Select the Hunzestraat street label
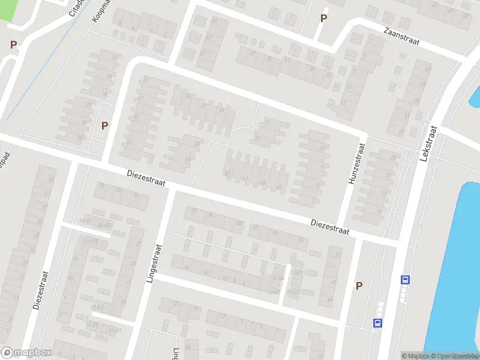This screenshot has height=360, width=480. pyautogui.click(x=354, y=162)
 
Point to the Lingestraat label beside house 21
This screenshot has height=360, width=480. pyautogui.click(x=158, y=264)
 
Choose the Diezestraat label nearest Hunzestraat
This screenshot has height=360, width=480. pyautogui.click(x=330, y=226)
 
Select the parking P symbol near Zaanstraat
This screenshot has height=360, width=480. pyautogui.click(x=323, y=19)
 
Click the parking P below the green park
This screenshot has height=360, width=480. pyautogui.click(x=13, y=44)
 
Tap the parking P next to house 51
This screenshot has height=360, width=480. pyautogui.click(x=105, y=126)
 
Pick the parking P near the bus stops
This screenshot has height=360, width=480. pyautogui.click(x=359, y=286)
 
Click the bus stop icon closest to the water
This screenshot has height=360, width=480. pyautogui.click(x=406, y=280)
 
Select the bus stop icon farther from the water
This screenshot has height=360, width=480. pyautogui.click(x=377, y=322)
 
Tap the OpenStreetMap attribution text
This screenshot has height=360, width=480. pyautogui.click(x=451, y=356)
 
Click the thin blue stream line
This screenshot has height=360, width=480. pyautogui.click(x=36, y=66)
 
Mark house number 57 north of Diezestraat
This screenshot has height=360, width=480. pyautogui.click(x=227, y=173)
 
